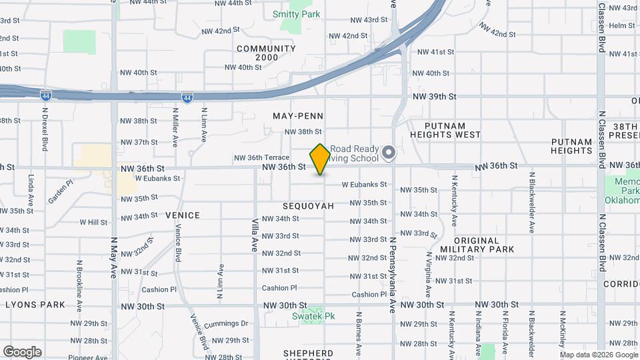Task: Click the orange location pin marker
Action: (x=320, y=159)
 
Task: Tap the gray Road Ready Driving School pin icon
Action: (x=389, y=154)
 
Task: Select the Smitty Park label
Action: (x=296, y=14)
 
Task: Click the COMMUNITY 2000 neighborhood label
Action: (x=266, y=53)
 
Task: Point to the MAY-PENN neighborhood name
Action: (x=298, y=116)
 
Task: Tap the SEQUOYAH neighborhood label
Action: (x=308, y=206)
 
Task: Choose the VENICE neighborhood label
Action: (x=183, y=215)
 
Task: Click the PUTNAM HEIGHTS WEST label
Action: (x=445, y=130)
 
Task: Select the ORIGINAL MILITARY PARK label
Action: (x=477, y=245)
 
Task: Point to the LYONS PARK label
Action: (x=35, y=305)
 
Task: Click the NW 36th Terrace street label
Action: (x=261, y=158)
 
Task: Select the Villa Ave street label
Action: (x=255, y=235)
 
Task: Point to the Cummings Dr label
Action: (x=227, y=324)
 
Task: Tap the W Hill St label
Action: (x=93, y=222)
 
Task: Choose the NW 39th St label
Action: (x=434, y=97)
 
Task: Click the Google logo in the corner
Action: (x=22, y=351)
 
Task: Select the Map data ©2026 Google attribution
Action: (x=599, y=355)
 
